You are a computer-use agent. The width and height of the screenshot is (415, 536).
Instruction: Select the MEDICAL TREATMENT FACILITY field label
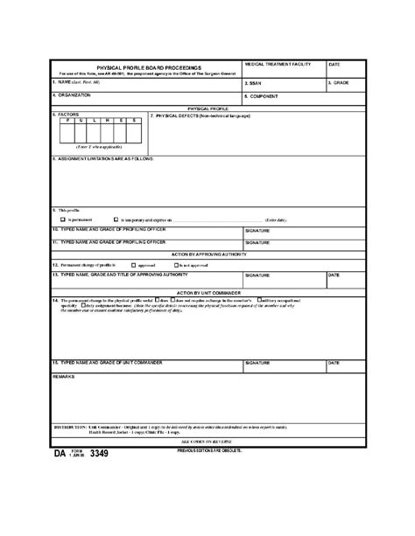(278, 65)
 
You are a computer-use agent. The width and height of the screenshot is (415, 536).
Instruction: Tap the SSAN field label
(256, 83)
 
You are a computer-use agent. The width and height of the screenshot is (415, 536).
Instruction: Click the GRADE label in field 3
(341, 83)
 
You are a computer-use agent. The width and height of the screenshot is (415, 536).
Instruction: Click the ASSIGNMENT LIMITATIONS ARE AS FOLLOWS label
(105, 159)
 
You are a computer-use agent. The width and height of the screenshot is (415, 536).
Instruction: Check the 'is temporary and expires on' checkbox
(116, 220)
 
